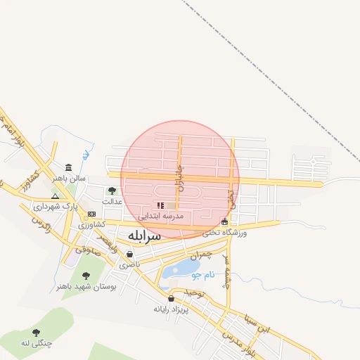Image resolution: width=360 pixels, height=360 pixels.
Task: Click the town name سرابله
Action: click(144, 236)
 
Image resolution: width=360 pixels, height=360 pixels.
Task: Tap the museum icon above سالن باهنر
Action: click(67, 167)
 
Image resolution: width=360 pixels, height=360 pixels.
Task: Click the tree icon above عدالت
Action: click(112, 191)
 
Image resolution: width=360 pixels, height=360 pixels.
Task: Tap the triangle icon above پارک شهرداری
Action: click(56, 196)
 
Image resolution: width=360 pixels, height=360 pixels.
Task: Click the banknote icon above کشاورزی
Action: click(91, 214)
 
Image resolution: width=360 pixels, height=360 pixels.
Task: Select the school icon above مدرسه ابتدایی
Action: click(160, 205)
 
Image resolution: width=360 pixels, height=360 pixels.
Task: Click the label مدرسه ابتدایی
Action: click(161, 216)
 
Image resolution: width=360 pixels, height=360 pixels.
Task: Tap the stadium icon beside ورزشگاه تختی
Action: click(224, 222)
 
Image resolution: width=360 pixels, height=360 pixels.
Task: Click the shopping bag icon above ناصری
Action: click(129, 254)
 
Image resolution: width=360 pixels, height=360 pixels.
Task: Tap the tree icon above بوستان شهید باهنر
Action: click(86, 276)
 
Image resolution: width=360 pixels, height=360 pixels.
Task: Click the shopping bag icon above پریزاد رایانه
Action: click(172, 298)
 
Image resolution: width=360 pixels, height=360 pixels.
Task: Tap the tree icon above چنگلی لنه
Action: click(36, 333)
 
